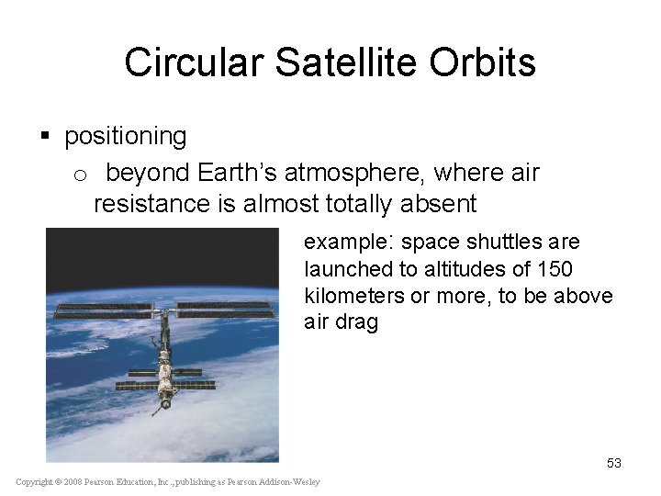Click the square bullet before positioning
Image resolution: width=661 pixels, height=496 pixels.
46,138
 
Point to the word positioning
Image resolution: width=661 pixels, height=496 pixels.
126,138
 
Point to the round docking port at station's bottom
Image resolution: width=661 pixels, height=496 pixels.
165,403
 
